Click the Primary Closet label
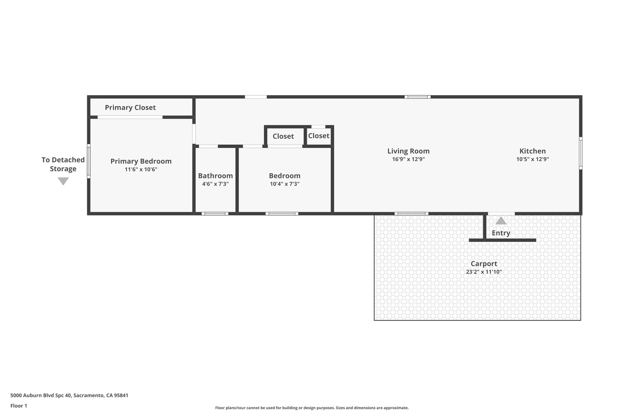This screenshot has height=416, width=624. coord(130,108)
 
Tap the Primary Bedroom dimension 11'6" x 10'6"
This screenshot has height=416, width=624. coord(141,169)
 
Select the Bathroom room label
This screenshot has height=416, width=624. coord(215,176)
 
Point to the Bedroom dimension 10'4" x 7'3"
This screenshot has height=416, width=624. coord(285,184)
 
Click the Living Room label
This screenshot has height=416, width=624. coord(408,151)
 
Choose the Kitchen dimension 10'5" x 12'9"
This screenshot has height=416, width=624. coord(532,159)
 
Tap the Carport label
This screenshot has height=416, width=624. coord(484,264)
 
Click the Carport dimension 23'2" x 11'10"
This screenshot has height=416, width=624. coord(484,272)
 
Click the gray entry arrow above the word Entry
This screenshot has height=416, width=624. coord(501,221)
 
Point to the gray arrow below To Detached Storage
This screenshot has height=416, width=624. coord(63,181)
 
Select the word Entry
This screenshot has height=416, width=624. coord(501,233)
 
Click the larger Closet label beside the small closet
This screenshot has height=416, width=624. coord(283,136)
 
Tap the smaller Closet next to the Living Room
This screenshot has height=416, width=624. coord(318,136)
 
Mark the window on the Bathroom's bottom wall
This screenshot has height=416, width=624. coord(215,214)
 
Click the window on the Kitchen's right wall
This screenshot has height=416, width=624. coord(580,153)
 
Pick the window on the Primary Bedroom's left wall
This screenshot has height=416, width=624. coord(89,161)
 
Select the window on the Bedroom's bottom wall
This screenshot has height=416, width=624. coord(282,214)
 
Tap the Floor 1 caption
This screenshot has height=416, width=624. coord(19,406)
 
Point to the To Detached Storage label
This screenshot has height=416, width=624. coord(63,164)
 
